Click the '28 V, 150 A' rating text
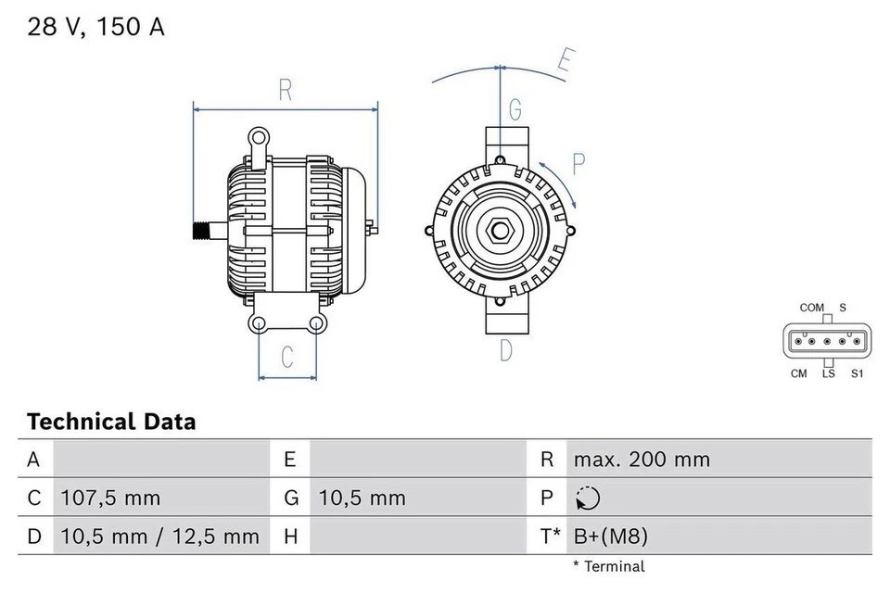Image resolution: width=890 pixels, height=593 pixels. [x=95, y=27]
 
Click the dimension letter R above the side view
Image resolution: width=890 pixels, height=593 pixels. [x=286, y=91]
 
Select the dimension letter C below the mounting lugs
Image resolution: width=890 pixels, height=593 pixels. [x=287, y=356]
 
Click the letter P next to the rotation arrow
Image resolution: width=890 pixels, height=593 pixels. [x=578, y=165]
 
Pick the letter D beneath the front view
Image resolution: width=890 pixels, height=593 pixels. [x=506, y=351]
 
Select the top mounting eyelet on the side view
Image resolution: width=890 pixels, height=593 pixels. [x=258, y=139]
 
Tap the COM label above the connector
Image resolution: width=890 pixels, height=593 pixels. [x=811, y=308]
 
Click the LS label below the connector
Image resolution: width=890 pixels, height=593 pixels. [x=828, y=373]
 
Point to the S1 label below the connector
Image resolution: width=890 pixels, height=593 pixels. [x=857, y=373]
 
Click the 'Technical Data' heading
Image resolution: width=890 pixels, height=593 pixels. [x=111, y=423]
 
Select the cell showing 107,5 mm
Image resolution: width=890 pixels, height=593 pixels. [x=110, y=498]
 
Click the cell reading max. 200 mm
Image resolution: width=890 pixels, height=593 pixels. [x=642, y=460]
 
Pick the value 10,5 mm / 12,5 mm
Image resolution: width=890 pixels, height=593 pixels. [x=159, y=536]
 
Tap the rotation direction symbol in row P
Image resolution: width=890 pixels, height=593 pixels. [x=587, y=498]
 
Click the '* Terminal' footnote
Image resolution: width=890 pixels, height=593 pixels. [x=608, y=565]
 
